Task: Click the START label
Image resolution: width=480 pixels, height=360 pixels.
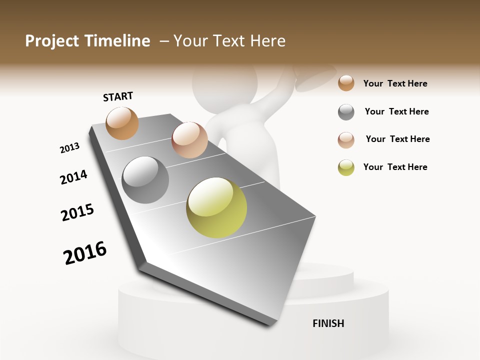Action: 118,96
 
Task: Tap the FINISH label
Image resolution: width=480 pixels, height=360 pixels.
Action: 328,323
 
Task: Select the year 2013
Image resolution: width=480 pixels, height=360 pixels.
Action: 69,148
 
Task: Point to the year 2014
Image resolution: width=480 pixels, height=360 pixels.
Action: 73,177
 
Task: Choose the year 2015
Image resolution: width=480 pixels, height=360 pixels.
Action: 77,212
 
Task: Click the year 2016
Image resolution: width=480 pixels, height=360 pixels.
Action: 85,253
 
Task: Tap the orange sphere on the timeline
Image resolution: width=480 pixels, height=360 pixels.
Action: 122,123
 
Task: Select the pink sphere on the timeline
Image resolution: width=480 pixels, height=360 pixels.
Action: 189,139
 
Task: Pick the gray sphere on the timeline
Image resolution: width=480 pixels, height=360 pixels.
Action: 145,180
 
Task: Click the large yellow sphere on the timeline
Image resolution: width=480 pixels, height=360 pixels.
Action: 216,207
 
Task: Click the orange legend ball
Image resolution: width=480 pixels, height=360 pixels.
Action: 346,83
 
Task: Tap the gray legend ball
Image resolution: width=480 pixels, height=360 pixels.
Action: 346,112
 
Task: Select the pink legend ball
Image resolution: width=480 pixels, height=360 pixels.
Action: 346,140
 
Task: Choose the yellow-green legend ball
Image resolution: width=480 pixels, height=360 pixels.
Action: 346,167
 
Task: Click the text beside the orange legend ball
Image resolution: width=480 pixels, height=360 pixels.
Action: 395,83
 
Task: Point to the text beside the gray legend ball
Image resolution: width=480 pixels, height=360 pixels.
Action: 396,111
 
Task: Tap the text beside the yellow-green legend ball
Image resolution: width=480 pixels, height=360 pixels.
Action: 395,167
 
